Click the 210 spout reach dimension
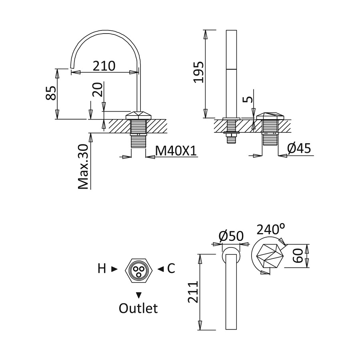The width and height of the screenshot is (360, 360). coord(104,66)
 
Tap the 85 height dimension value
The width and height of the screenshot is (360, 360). coord(51,93)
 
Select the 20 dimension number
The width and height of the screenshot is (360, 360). coord(97,89)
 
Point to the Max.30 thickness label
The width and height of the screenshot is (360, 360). coord(83,167)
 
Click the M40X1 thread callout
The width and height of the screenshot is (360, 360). coord(176,151)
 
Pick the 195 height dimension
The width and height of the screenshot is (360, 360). coord(198,72)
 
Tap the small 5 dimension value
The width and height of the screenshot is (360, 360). coord(247,100)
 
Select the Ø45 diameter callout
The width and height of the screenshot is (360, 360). coord(299,148)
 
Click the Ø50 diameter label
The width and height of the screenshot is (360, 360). coord(231,236)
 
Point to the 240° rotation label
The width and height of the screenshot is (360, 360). coord(271,229)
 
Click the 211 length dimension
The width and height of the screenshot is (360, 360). coord(193,292)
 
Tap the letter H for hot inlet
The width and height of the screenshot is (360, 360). coord(102,268)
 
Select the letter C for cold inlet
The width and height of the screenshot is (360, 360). coord(171,268)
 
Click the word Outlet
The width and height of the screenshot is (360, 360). coord(138,308)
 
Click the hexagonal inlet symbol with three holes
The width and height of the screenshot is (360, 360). coord(139,270)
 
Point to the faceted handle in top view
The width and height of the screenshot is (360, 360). coord(270,256)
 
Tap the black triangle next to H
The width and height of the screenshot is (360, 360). coord(114,269)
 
